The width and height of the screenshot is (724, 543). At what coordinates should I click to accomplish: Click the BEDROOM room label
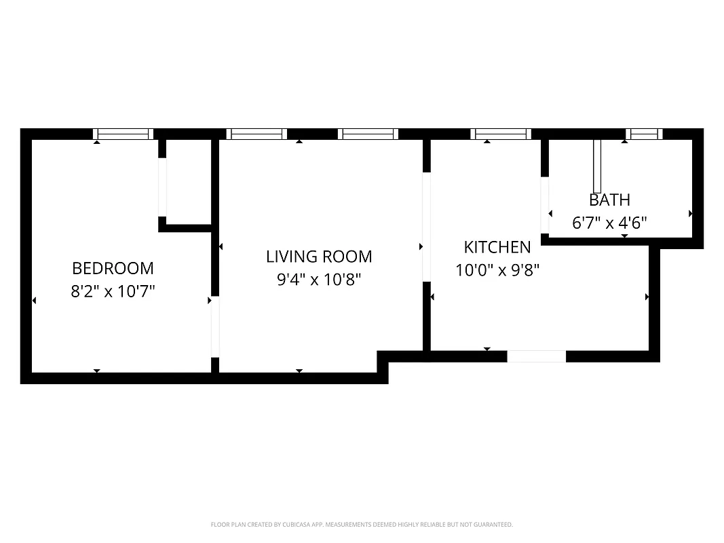[x=113, y=268]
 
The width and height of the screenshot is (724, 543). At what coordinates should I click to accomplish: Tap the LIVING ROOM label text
[x=319, y=257]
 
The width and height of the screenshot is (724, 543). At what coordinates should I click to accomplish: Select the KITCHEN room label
[x=497, y=247]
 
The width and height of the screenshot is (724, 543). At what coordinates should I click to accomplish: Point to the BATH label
[x=609, y=200]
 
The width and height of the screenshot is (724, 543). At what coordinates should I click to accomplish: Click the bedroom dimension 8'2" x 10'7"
[x=113, y=292]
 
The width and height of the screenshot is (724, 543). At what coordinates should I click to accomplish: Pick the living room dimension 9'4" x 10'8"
[x=319, y=280]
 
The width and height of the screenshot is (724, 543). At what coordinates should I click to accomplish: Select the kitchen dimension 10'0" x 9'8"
[x=497, y=270]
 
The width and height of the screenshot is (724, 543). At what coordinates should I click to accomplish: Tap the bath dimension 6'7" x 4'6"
[x=609, y=223]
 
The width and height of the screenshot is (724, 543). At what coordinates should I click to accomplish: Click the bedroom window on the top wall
[x=123, y=134]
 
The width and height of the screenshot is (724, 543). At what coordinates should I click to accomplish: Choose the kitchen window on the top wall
[x=501, y=134]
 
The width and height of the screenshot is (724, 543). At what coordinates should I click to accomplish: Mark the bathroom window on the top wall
[x=643, y=134]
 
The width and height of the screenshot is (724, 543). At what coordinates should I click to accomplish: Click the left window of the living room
[x=256, y=134]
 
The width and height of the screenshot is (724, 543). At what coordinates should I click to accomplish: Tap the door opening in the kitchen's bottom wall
[x=536, y=356]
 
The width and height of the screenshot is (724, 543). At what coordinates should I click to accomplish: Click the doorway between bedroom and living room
[x=215, y=326]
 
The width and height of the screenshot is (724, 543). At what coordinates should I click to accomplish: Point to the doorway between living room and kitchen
[x=426, y=227]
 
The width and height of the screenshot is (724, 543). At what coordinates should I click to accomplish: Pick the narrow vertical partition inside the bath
[x=597, y=167]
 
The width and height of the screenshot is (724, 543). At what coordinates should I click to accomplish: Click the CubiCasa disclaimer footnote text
[x=362, y=525]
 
